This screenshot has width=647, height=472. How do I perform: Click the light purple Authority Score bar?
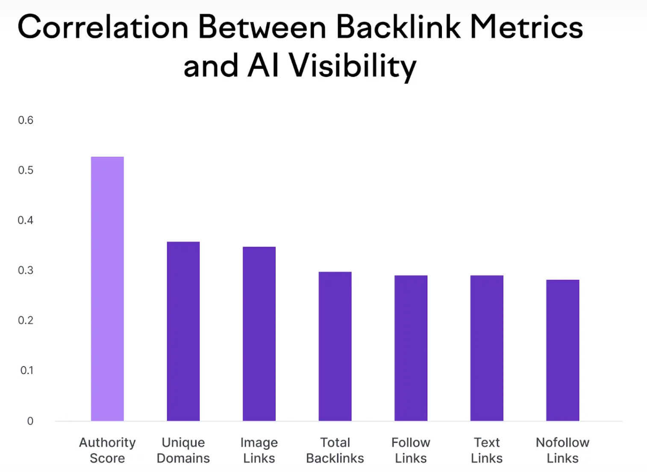(x=107, y=288)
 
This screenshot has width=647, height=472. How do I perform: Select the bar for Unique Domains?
(x=183, y=331)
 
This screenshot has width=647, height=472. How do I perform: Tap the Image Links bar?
(x=259, y=334)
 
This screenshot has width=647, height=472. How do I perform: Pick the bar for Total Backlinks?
(x=335, y=346)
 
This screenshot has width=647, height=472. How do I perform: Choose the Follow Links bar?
(x=411, y=348)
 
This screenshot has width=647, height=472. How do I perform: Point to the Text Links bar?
(x=487, y=348)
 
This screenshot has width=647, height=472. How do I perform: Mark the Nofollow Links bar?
(x=562, y=350)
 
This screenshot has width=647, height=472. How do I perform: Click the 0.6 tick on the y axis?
(x=26, y=120)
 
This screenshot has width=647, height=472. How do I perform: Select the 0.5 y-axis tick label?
(x=26, y=170)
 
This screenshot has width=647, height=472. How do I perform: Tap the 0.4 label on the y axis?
(x=26, y=220)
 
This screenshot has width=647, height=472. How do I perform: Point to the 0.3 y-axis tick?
(x=26, y=270)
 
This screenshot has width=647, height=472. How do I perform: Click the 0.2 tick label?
(x=26, y=320)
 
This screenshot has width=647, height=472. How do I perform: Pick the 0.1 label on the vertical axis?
(x=26, y=370)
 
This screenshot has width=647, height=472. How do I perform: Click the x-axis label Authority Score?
(x=107, y=450)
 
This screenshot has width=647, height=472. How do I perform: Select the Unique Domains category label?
(x=183, y=450)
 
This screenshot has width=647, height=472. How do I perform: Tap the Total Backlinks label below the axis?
(x=335, y=450)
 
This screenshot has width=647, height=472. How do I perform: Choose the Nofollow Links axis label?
(x=562, y=450)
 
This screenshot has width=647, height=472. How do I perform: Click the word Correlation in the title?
(x=103, y=27)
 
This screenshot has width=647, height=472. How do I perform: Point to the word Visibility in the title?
(x=353, y=67)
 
